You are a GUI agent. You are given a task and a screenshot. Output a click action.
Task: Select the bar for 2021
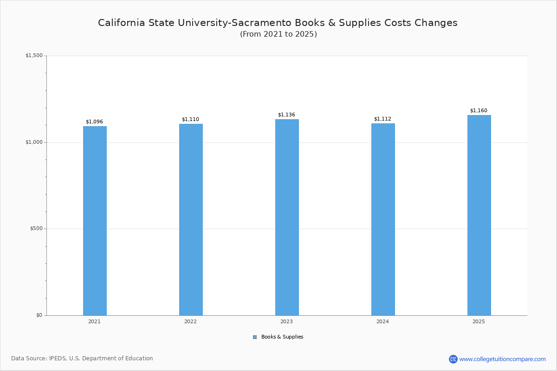click(x=95, y=221)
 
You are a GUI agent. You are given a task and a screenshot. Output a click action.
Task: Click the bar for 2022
click(x=191, y=219)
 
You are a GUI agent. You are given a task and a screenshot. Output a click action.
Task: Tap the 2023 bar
click(x=287, y=217)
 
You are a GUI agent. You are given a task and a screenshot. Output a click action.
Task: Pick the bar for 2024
click(x=383, y=219)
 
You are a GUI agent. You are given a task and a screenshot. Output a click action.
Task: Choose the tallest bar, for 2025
click(x=479, y=215)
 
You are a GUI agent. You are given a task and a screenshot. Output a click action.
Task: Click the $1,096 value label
click(x=94, y=122)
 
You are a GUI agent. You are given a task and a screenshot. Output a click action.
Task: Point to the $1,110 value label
click(x=190, y=120)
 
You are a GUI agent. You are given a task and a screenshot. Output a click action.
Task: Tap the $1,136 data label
click(x=286, y=115)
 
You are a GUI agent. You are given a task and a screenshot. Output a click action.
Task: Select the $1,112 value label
click(x=382, y=119)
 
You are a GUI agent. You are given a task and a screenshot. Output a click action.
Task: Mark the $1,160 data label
click(x=479, y=111)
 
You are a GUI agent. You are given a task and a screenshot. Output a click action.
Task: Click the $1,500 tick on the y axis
click(x=34, y=56)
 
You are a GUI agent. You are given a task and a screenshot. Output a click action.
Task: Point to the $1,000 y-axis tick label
click(x=34, y=142)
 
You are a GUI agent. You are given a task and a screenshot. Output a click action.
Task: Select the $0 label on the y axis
click(x=39, y=315)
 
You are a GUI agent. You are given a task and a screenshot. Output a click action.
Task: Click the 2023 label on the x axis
click(x=286, y=322)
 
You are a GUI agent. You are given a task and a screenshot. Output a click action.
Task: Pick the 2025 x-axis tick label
click(x=479, y=322)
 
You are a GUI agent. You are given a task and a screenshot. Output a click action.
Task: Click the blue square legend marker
click(x=255, y=337)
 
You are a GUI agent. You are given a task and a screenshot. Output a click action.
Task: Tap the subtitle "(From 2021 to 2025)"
click(x=278, y=34)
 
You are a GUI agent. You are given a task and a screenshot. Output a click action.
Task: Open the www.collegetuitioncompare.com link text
click(x=502, y=359)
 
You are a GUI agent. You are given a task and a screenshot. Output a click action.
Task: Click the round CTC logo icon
click(x=453, y=359)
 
